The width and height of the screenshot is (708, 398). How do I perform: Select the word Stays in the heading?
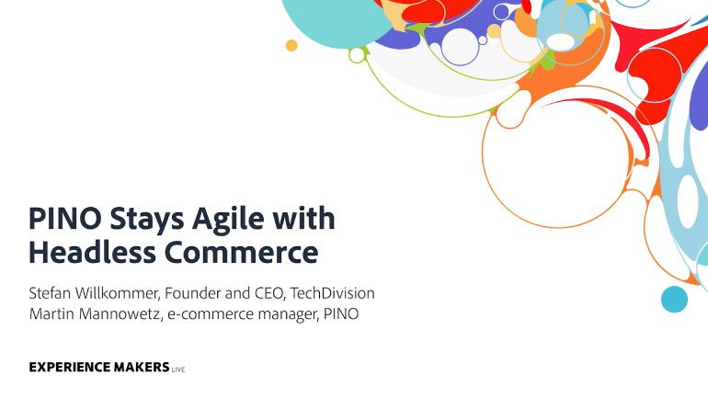coord(147,221)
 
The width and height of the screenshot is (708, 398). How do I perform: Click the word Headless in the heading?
coord(92,252)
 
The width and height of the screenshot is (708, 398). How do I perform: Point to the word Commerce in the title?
coord(241,253)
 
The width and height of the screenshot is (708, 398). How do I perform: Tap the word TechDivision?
coord(332,293)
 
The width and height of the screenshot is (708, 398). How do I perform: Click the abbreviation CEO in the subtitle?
coord(270,294)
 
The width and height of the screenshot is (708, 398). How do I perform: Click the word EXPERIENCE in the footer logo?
coord(70,368)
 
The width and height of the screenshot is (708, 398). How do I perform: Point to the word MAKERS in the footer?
coord(142,368)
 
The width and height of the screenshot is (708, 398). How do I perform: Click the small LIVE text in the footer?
coord(178,370)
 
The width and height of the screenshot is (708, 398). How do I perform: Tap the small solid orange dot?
coord(291,45)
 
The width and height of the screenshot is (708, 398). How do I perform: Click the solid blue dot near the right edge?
coord(675,299)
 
